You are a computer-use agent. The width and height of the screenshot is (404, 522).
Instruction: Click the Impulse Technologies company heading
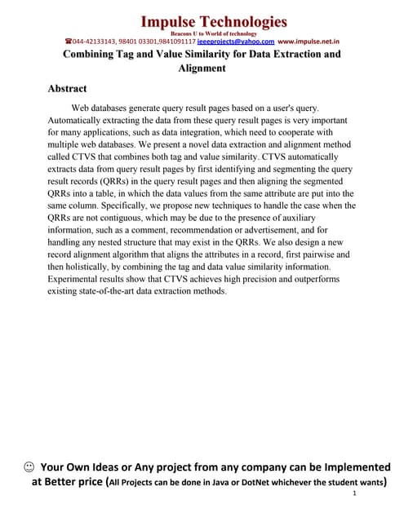214,20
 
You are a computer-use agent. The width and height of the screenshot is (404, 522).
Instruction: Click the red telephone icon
68,41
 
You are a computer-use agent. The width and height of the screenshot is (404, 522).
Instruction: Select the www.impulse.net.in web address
309,41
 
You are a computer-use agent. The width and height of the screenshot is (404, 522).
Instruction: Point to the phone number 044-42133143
95,41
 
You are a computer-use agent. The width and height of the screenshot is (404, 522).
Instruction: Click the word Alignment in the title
202,69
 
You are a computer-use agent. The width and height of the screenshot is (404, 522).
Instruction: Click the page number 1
353,494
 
